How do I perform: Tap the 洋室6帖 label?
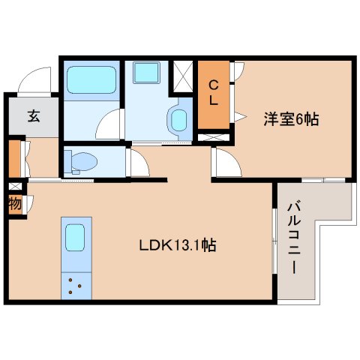[290, 118]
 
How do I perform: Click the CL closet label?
[214, 93]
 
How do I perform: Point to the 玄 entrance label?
[34, 115]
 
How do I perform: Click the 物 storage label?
[15, 203]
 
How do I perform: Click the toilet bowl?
[81, 161]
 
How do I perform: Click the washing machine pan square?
[144, 73]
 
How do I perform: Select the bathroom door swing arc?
[109, 122]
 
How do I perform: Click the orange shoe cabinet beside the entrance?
[14, 156]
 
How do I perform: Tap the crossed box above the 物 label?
[14, 185]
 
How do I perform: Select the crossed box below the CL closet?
[214, 137]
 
